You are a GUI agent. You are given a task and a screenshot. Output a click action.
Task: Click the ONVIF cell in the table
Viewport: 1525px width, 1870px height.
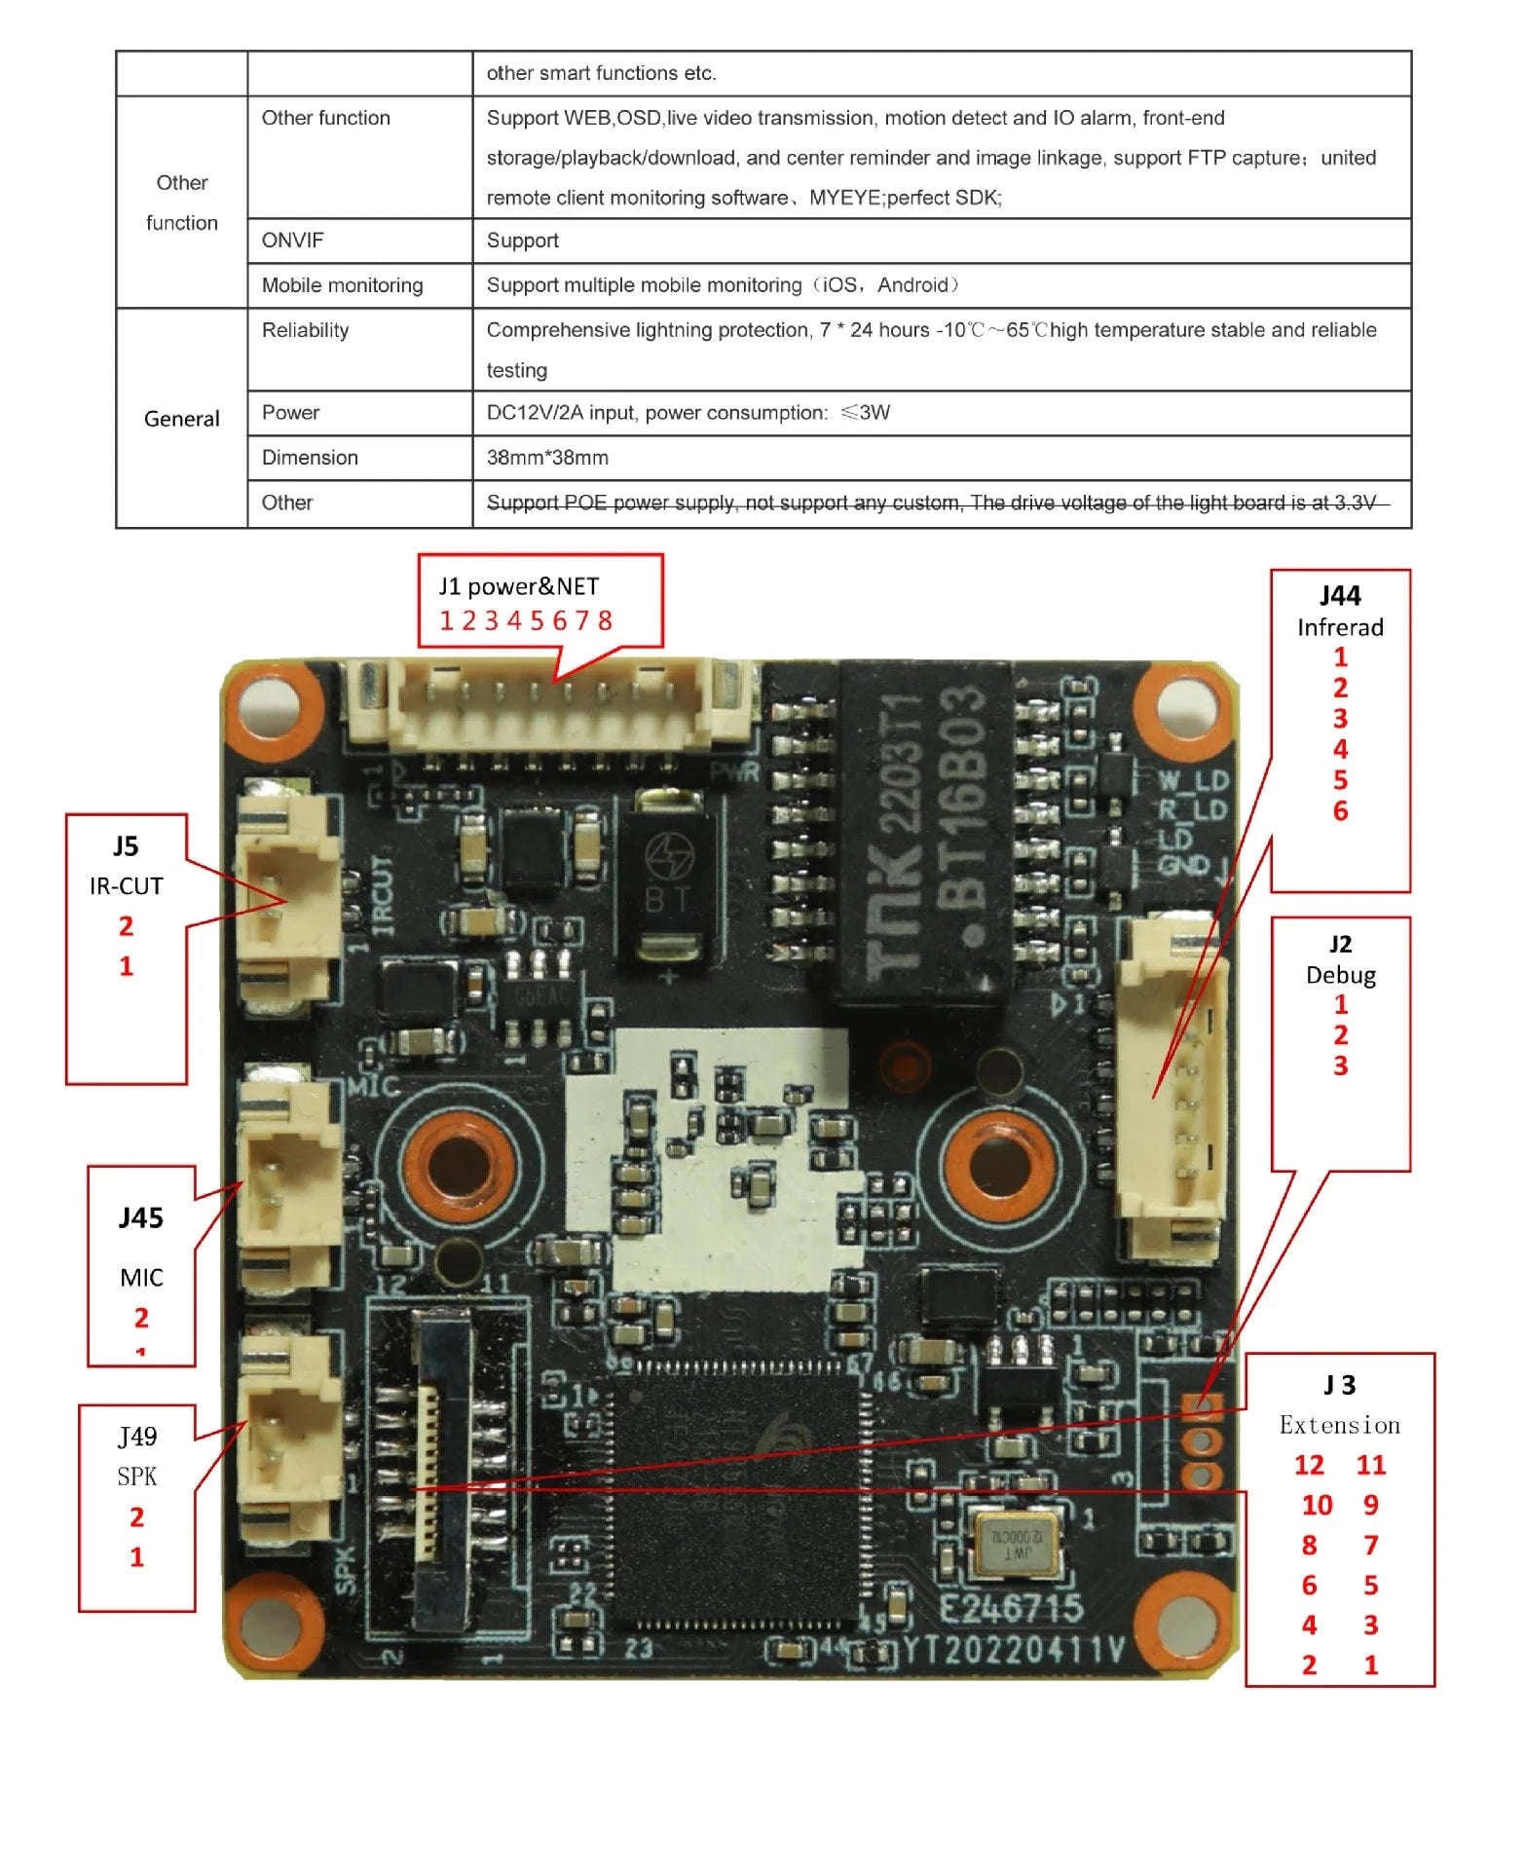click(292, 241)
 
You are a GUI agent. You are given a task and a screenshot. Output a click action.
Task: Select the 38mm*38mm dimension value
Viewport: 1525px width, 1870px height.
click(547, 458)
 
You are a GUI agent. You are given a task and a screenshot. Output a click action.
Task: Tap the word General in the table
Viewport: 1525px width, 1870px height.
click(181, 419)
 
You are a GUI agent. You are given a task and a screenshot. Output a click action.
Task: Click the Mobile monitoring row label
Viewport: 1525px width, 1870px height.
click(342, 285)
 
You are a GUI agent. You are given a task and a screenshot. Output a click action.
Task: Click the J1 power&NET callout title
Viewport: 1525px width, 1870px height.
click(518, 586)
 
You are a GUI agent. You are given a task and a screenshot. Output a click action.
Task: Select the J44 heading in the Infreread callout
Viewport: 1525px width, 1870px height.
click(1340, 596)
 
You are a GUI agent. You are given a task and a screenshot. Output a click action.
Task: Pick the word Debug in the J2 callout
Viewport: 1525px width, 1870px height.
click(1340, 975)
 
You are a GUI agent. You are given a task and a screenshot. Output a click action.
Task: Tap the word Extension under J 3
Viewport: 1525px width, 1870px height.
click(1340, 1425)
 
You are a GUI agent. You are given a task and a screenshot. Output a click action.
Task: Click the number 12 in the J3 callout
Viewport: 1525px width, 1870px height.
click(1309, 1466)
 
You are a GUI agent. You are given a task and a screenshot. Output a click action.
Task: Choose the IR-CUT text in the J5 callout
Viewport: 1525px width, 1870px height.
click(126, 886)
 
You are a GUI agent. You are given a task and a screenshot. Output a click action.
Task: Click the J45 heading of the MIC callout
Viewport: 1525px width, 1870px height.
click(140, 1217)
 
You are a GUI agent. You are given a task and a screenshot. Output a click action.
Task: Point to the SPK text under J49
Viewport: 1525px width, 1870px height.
click(136, 1477)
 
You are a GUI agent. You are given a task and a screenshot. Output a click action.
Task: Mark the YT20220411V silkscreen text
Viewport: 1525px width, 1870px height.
click(1013, 1650)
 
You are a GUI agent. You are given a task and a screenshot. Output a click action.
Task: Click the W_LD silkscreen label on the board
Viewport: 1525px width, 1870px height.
click(1194, 781)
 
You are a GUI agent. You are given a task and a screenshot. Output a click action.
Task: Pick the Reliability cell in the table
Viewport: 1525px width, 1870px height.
click(305, 330)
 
